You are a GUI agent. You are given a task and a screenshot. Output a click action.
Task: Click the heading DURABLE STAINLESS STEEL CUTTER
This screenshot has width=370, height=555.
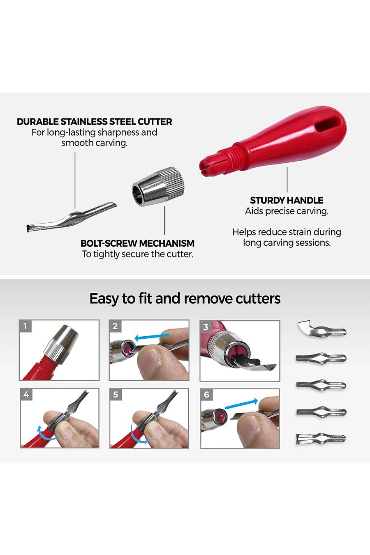tap(95, 122)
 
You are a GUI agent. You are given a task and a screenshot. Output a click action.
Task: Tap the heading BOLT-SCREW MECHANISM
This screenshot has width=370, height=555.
tap(138, 243)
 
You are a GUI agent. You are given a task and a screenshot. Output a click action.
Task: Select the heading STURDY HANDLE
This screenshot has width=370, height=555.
tap(287, 200)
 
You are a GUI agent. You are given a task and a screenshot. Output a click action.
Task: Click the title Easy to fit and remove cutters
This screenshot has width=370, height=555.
tap(185, 298)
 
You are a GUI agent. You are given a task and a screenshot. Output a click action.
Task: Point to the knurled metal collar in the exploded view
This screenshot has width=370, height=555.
tap(158, 186)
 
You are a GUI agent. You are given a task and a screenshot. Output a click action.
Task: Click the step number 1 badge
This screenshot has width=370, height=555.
tap(25, 326)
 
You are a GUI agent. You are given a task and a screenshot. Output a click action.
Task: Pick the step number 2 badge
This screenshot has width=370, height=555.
tap(115, 326)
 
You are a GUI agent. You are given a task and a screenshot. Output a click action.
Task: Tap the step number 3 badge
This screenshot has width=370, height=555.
tap(206, 327)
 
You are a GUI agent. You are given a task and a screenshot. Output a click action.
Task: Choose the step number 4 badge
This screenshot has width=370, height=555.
tap(26, 394)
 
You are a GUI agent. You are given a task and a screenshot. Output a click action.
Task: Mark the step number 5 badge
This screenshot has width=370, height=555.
tap(116, 394)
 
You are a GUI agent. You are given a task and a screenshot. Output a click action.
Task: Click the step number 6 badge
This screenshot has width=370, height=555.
tap(206, 394)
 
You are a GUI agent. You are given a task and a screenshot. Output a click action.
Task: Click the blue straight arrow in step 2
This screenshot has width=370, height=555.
tap(152, 337)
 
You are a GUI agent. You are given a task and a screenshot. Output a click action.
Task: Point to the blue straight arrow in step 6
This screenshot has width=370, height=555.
tap(241, 404)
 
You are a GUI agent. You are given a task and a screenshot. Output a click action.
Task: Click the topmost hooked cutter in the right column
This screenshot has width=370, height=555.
tap(321, 328)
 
